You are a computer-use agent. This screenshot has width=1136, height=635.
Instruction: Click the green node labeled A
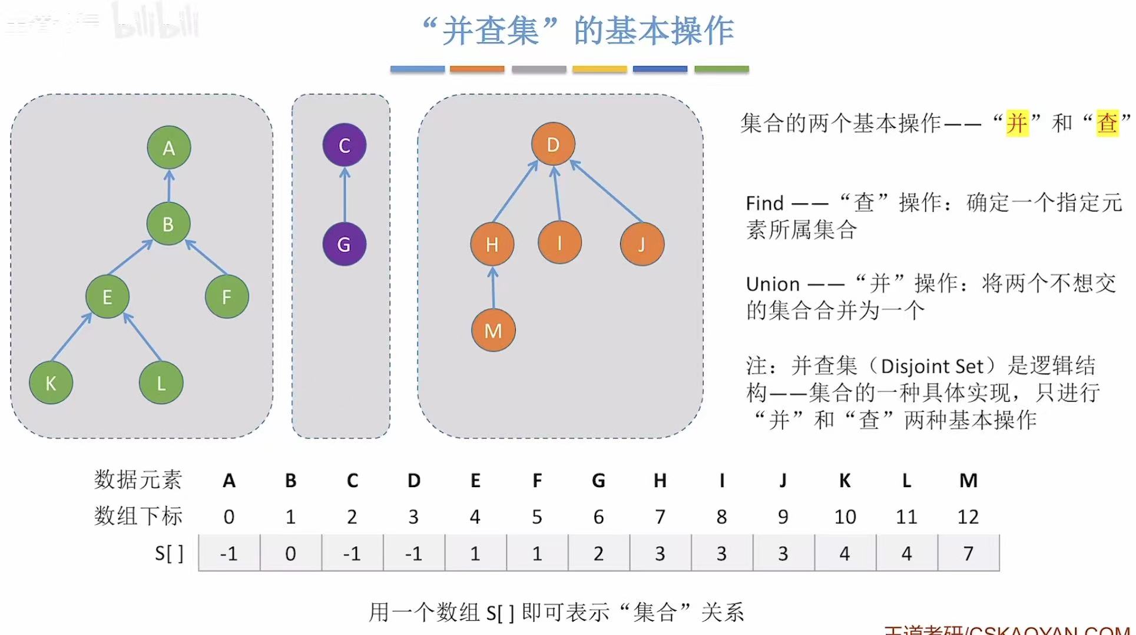[169, 148]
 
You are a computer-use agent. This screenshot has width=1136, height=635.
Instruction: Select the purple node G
[345, 244]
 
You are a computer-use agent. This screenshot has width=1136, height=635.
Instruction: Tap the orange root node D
[553, 144]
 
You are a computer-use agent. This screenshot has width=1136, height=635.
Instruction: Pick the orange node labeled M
[494, 330]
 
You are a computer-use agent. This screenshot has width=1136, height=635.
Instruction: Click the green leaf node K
[51, 383]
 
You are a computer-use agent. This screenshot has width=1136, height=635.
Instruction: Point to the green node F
[227, 297]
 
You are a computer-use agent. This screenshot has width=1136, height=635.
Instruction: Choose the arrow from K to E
[72, 337]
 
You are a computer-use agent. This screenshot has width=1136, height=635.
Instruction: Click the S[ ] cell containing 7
[968, 553]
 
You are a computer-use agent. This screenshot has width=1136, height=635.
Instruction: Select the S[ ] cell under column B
[290, 553]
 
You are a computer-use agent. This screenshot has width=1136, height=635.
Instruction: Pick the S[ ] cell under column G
[598, 553]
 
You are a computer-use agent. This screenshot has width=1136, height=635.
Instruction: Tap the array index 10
[845, 517]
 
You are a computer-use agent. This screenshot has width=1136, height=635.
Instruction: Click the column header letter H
[660, 481]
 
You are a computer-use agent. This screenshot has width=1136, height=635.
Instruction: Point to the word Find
[764, 203]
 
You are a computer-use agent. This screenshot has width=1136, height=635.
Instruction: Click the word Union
[773, 284]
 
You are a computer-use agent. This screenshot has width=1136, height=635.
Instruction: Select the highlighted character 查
[1107, 123]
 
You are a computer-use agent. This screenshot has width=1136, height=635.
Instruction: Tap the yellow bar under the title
[600, 70]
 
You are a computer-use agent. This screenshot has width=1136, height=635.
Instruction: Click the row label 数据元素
[138, 479]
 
